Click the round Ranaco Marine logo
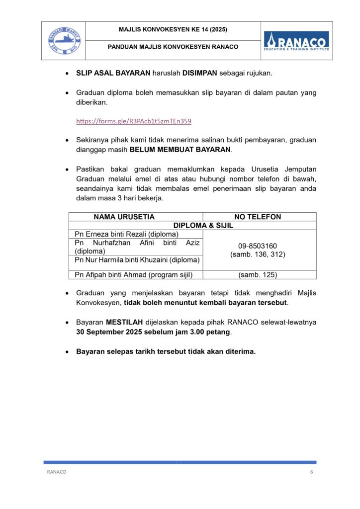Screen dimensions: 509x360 click(x=63, y=41)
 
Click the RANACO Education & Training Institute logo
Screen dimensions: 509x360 click(x=296, y=40)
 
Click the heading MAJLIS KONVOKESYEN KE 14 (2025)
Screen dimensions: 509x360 click(x=173, y=30)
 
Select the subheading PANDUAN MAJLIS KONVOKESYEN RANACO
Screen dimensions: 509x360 click(x=173, y=47)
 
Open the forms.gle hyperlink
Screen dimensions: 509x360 click(x=133, y=121)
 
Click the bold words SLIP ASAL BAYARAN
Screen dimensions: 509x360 click(x=113, y=73)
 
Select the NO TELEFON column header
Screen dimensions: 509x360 click(x=258, y=217)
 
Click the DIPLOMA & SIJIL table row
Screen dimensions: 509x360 click(x=203, y=225)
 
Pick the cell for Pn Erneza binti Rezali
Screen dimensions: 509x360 click(x=126, y=234)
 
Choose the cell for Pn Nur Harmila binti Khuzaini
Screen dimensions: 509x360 click(x=137, y=259)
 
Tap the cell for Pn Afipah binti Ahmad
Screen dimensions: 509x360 click(x=133, y=274)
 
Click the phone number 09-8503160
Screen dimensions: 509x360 click(x=258, y=246)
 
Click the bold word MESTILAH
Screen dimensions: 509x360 click(x=124, y=322)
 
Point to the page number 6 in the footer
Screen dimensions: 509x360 click(x=311, y=472)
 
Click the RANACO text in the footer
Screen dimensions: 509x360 click(x=56, y=472)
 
